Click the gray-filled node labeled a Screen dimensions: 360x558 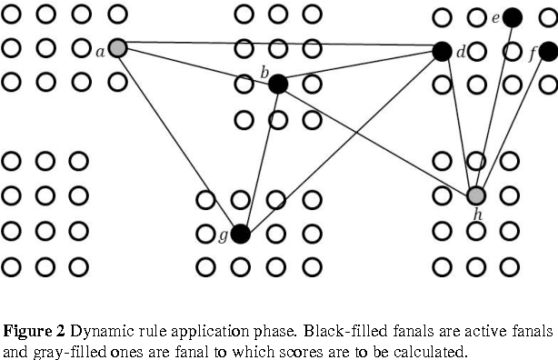[x=117, y=48]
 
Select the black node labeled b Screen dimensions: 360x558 [x=278, y=84]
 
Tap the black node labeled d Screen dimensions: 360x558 [x=443, y=52]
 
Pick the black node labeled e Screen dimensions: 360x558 [x=512, y=17]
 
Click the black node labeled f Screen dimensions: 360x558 [x=547, y=52]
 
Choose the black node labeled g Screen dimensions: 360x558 [x=240, y=234]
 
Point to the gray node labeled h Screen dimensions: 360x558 [x=476, y=195]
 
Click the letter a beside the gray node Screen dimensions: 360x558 [x=100, y=52]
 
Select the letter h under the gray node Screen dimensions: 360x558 [x=477, y=215]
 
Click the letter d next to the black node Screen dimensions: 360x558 [x=461, y=53]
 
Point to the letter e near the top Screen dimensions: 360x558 [x=495, y=18]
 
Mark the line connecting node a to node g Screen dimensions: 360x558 [x=179, y=141]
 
